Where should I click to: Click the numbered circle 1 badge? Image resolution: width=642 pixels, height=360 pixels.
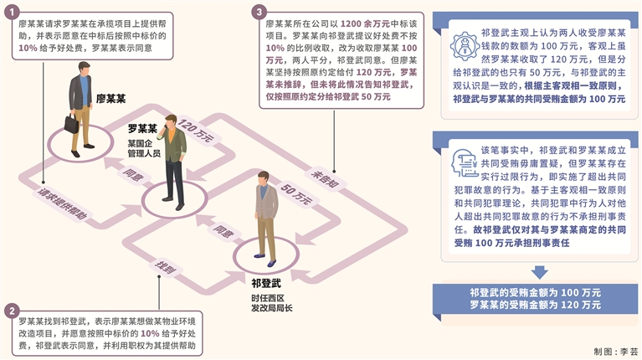tap(10, 14)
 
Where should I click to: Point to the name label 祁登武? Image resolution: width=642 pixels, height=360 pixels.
tap(266, 282)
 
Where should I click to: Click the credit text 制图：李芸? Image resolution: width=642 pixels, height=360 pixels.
tap(616, 352)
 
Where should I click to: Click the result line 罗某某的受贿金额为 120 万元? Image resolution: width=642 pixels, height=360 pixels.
tap(535, 306)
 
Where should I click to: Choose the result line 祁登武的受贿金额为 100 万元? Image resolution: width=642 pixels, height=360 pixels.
tap(535, 293)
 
